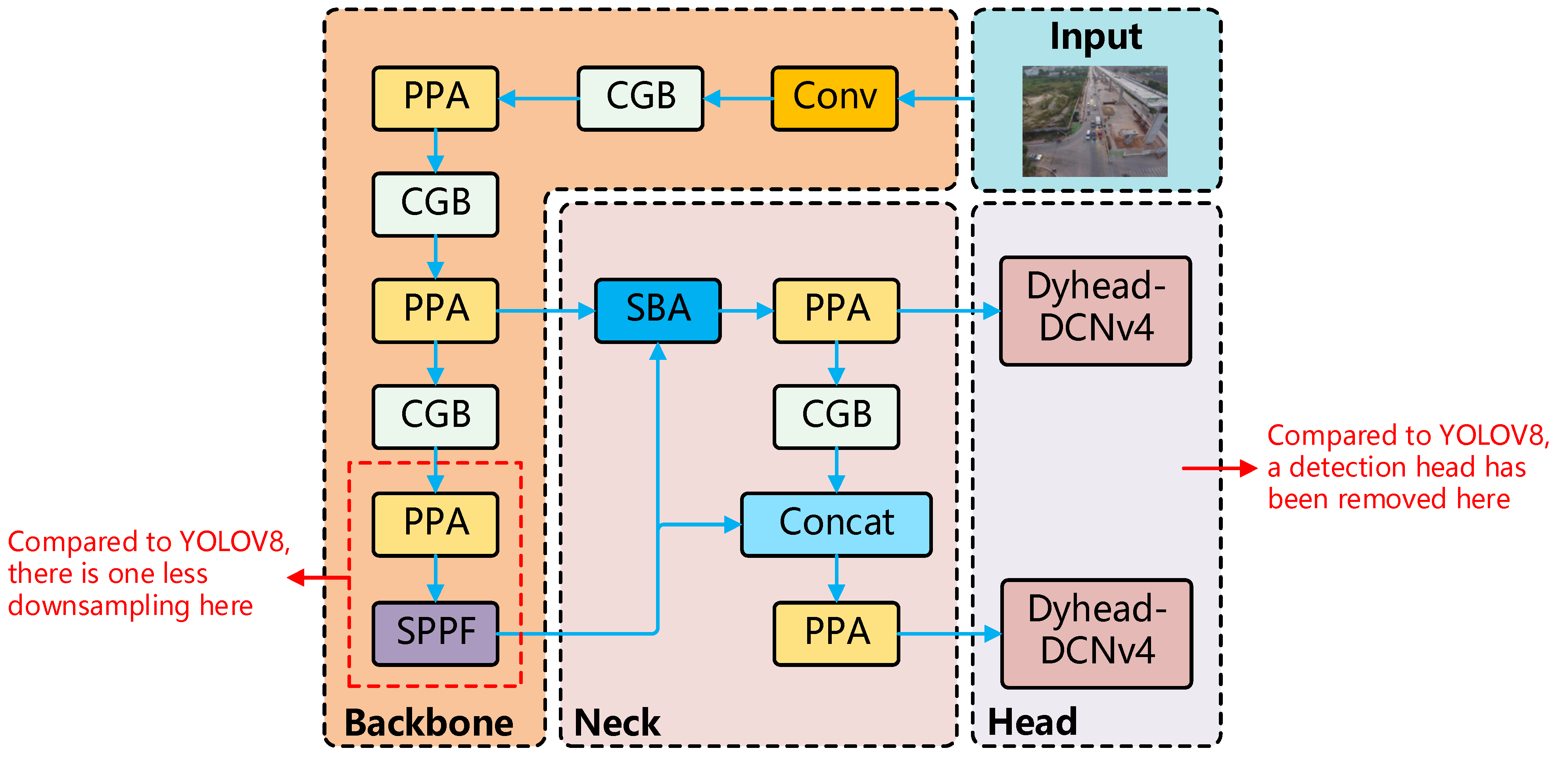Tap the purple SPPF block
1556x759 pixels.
click(435, 633)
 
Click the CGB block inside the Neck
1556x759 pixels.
click(836, 416)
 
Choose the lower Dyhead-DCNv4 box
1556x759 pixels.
click(1096, 633)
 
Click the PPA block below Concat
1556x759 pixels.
click(836, 633)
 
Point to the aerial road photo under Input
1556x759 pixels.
click(1095, 121)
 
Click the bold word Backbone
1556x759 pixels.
click(428, 723)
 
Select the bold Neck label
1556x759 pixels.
click(617, 723)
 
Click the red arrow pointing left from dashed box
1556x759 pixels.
click(318, 578)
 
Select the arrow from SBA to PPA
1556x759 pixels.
click(746, 311)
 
